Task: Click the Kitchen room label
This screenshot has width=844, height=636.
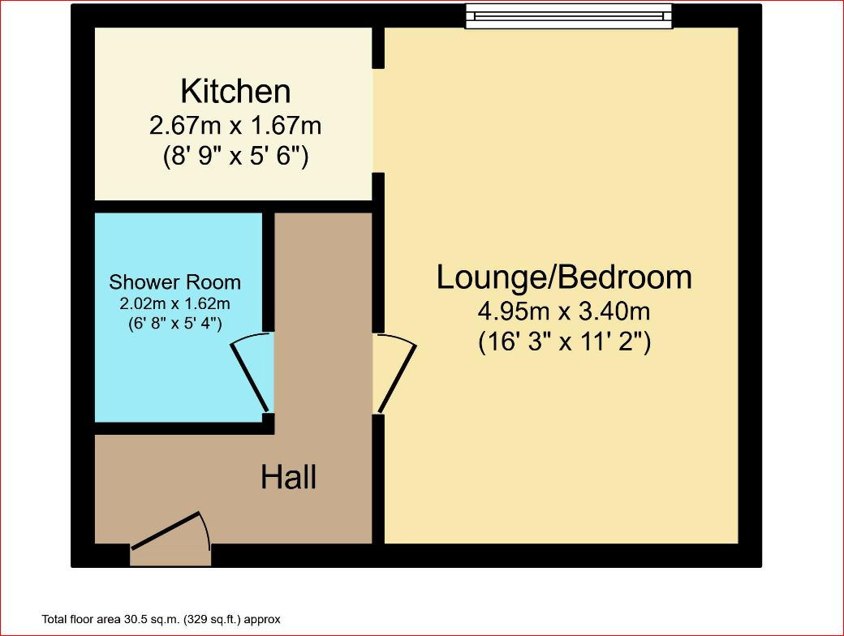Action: pos(236,92)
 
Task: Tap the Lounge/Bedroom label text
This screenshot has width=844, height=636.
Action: pos(564,277)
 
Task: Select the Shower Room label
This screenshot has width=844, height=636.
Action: pos(175,282)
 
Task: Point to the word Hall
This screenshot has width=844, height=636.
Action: pos(289,477)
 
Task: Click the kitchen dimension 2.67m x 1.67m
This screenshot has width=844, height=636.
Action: pos(235,126)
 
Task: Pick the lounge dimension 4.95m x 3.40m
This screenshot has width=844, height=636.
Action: pos(564,311)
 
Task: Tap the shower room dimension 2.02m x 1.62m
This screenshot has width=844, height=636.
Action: pos(175,303)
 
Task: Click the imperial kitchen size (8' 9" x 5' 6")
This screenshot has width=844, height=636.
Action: pos(236,157)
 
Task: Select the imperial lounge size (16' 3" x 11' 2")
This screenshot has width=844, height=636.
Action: pos(565,342)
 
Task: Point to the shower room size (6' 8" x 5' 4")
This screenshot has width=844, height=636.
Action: pos(175,324)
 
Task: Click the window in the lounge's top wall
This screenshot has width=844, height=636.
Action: pos(569,15)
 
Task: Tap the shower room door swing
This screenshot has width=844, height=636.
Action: pos(252,372)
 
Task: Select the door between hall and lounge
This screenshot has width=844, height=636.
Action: pos(394,373)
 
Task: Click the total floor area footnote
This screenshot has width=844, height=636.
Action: pos(161,619)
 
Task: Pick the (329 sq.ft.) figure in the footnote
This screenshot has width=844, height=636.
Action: pos(212,619)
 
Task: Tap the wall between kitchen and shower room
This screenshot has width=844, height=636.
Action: pos(234,207)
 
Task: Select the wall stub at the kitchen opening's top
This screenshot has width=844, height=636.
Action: pos(378,48)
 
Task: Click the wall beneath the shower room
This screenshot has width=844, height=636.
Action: pos(185,428)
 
